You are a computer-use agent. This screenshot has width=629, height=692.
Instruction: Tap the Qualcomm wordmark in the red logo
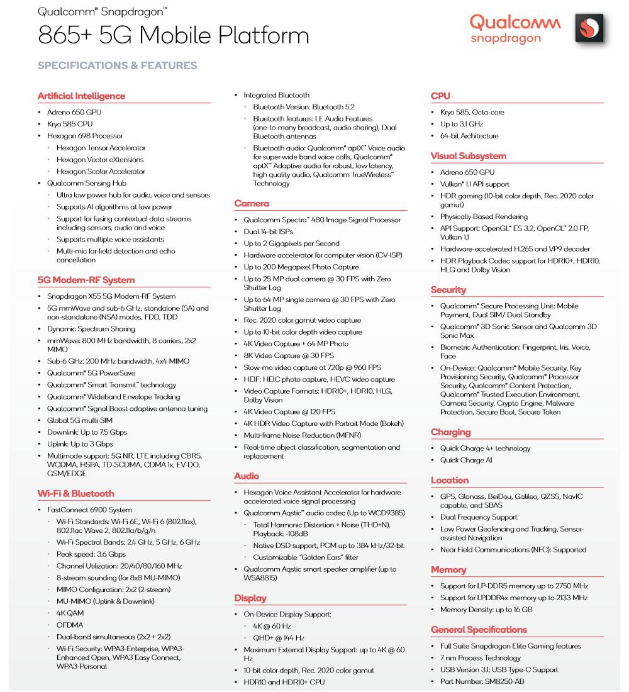pyautogui.click(x=515, y=23)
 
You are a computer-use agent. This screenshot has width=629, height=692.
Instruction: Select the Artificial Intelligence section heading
pyautogui.click(x=81, y=96)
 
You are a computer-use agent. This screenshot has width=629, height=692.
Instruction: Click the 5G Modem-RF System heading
pyautogui.click(x=86, y=280)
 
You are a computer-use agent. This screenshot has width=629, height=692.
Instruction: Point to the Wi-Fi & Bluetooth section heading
pyautogui.click(x=76, y=494)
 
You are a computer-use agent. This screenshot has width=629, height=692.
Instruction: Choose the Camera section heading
pyautogui.click(x=252, y=203)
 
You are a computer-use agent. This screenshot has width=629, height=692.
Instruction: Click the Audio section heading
pyautogui.click(x=247, y=476)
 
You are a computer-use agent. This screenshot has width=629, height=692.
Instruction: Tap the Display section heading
pyautogui.click(x=250, y=598)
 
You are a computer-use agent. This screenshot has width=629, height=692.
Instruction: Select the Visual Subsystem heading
pyautogui.click(x=469, y=156)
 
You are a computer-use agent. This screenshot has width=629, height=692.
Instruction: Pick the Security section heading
pyautogui.click(x=448, y=290)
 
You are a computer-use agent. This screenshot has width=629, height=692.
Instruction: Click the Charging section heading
pyautogui.click(x=450, y=432)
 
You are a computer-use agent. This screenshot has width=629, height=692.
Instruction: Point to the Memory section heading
pyautogui.click(x=448, y=570)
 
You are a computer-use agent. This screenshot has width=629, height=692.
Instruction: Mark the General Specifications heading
pyautogui.click(x=479, y=630)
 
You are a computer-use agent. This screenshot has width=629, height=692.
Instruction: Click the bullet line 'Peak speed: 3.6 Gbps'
pyautogui.click(x=91, y=554)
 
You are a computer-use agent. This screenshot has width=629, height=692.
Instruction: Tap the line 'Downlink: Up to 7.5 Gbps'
pyautogui.click(x=87, y=432)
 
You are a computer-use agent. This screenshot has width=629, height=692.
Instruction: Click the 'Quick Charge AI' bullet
pyautogui.click(x=466, y=460)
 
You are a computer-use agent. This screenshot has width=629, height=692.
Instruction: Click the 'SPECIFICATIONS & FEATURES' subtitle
pyautogui.click(x=117, y=65)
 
